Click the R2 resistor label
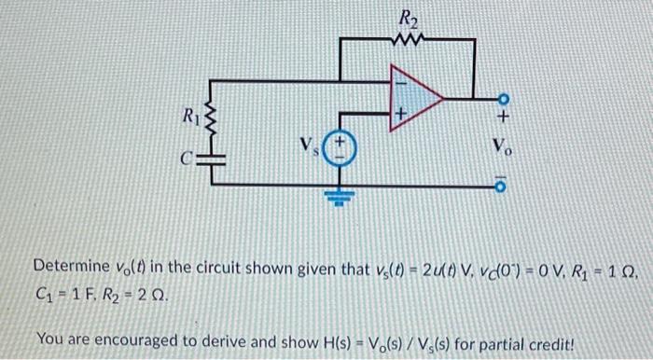(x=409, y=16)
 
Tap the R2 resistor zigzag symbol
(x=409, y=39)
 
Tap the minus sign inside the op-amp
(x=403, y=80)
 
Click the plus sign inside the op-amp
(x=402, y=113)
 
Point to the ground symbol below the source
(x=340, y=199)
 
